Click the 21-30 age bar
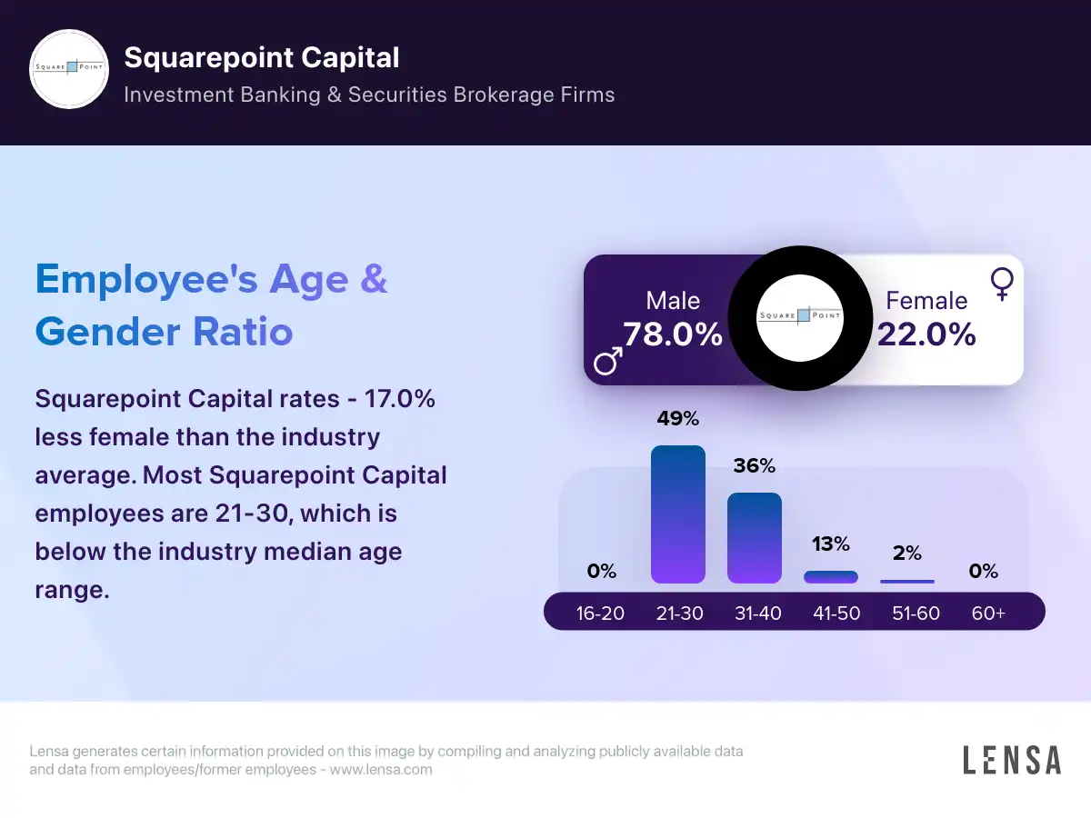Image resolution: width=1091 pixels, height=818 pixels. coord(678,514)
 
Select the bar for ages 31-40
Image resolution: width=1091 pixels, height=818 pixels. coord(755,538)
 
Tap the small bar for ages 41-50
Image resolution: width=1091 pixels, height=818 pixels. coord(831,577)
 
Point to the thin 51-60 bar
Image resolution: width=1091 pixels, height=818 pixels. coord(907,582)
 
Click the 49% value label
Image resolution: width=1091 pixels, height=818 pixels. coord(678,419)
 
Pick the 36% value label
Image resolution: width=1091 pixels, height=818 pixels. coord(755,466)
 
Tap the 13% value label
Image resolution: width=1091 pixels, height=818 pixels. coord(831,544)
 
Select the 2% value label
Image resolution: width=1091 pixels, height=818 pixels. coord(907,554)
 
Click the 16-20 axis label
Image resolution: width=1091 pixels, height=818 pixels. coord(600,613)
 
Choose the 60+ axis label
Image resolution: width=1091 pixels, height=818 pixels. coord(988,613)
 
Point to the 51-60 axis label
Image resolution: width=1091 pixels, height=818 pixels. coord(916,613)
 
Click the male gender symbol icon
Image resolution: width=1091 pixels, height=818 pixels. coord(608,361)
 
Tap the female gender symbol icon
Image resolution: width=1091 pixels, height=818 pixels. coord(1002,284)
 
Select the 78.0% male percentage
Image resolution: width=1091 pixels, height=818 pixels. coord(673,334)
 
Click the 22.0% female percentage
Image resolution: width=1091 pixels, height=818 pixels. coord(926,334)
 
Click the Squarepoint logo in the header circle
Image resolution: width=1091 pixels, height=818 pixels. coord(69,69)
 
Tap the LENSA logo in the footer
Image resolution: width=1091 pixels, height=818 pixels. coord(1012,760)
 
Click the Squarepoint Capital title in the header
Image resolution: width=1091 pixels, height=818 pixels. coord(262,58)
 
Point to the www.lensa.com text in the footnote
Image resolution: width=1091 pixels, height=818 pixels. coord(380,770)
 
